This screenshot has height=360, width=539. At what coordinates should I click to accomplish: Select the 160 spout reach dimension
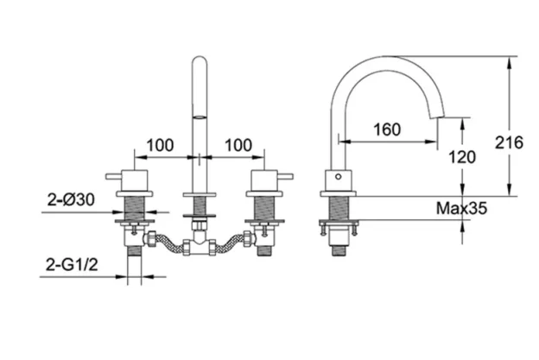tap(387, 129)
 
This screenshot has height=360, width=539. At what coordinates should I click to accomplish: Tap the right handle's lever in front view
tap(289, 176)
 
